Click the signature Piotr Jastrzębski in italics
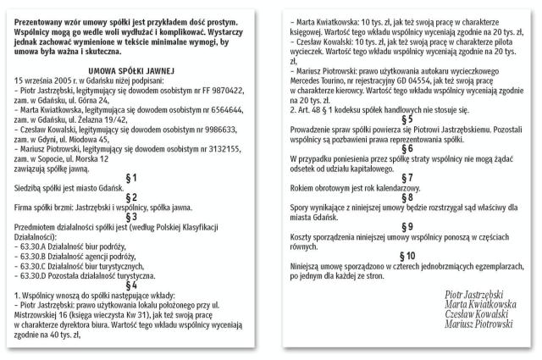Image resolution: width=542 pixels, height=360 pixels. pyautogui.click(x=478, y=294)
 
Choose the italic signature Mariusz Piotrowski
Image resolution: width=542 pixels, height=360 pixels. pyautogui.click(x=479, y=323)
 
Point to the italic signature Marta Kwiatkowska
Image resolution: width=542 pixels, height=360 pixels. pyautogui.click(x=479, y=303)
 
